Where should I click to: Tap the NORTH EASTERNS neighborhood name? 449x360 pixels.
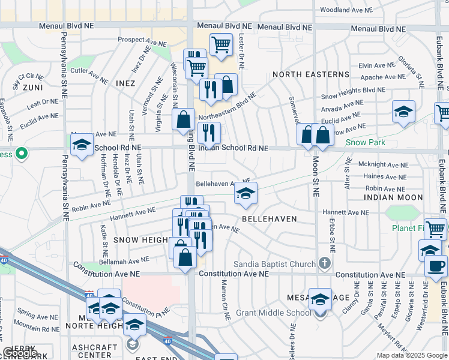[310, 74]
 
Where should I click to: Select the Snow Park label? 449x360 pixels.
[365, 143]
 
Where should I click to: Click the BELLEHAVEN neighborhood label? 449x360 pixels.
[269, 220]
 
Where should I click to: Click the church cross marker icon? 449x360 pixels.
[325, 263]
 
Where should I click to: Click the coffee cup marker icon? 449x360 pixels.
[436, 266]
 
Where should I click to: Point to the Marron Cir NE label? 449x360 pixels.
[225, 300]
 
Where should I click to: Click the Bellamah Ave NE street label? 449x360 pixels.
[124, 260]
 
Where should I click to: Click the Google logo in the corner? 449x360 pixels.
[20, 353]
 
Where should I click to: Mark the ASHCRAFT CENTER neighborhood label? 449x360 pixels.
[91, 351]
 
